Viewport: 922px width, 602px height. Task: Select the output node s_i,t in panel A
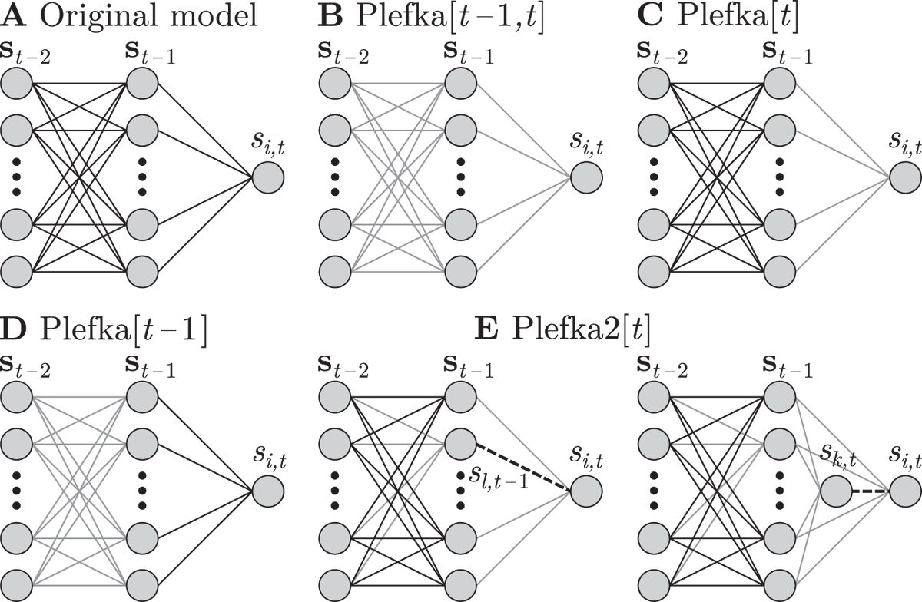point(269,179)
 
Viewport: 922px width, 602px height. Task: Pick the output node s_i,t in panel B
point(586,179)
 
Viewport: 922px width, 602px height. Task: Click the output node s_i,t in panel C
point(904,179)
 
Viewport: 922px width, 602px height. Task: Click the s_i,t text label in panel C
point(904,143)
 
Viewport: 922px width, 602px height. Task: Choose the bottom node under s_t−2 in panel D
point(17,584)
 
